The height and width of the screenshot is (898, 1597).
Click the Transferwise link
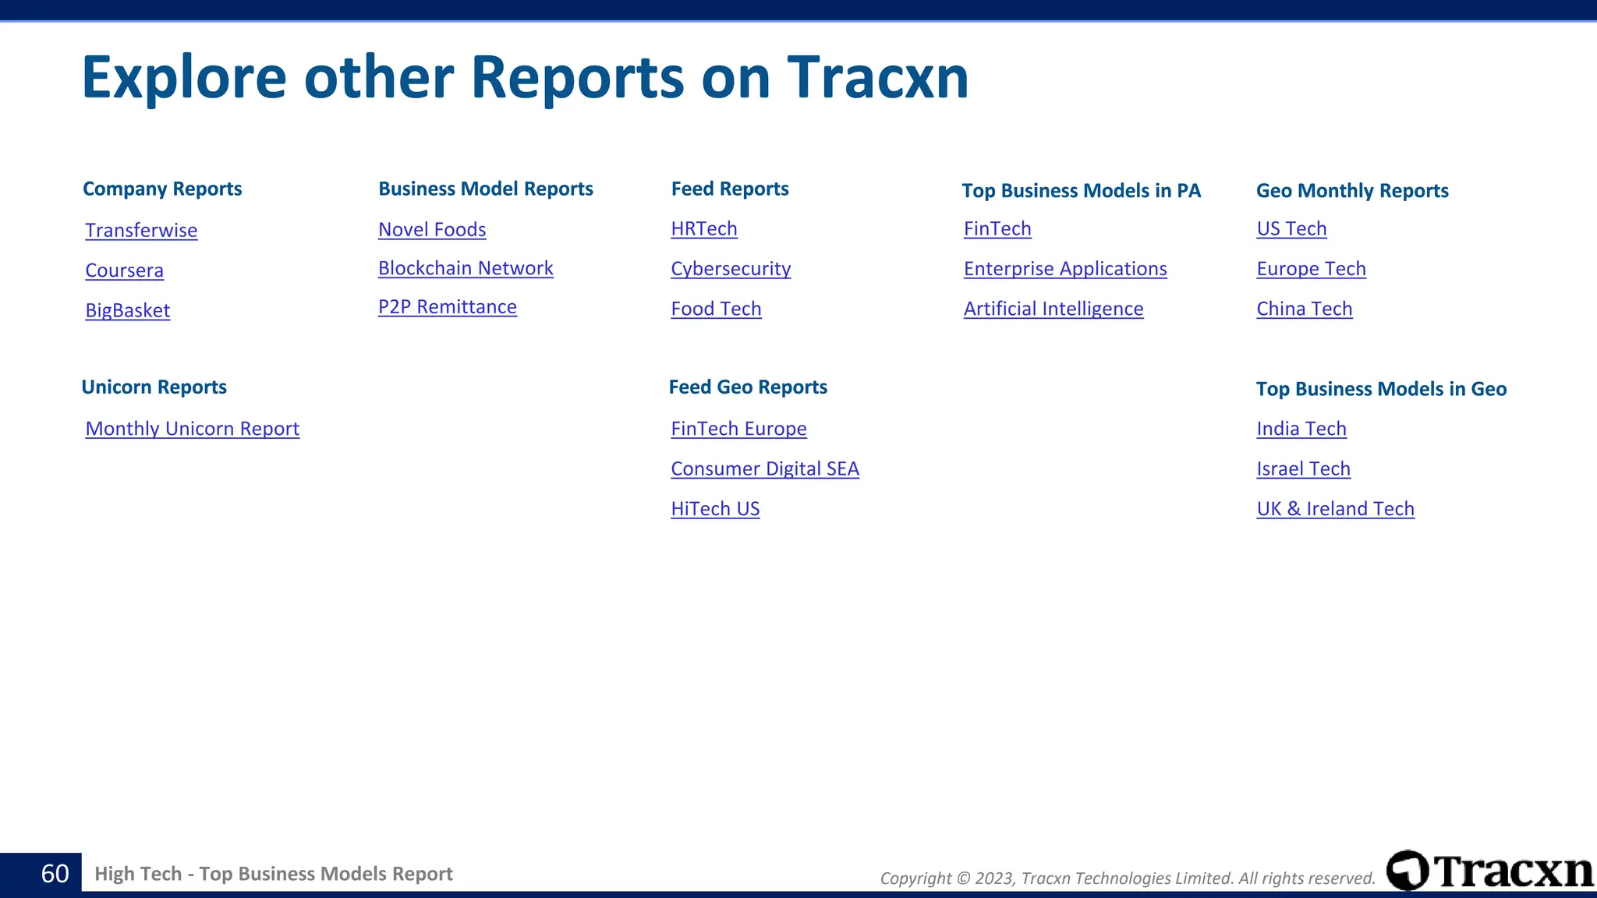tap(141, 231)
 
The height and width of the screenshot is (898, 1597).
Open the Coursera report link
tap(125, 270)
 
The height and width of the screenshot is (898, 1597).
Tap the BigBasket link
tap(128, 310)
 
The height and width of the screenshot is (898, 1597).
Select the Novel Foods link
tap(432, 230)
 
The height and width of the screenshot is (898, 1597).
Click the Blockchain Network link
tap(466, 268)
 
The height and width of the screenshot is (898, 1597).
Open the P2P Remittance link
tap(448, 307)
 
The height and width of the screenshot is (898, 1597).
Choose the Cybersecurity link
tap(731, 269)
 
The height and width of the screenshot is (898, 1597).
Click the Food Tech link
tap(716, 309)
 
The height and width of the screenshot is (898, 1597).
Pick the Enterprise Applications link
tap(1065, 269)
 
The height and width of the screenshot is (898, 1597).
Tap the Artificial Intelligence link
tap(1053, 309)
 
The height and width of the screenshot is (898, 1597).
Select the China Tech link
tap(1305, 309)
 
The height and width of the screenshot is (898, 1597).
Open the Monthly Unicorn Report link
tap(193, 429)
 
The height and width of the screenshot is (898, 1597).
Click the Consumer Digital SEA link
tap(765, 468)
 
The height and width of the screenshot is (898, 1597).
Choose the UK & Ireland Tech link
tap(1336, 509)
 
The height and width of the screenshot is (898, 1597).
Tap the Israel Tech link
tap(1304, 468)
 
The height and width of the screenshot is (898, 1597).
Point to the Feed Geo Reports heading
tap(748, 387)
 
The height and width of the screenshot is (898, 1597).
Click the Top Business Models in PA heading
tap(1081, 191)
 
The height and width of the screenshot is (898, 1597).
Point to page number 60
tap(55, 874)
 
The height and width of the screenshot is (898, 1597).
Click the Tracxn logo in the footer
tap(1489, 871)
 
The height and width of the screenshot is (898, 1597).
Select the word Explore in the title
tap(184, 78)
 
